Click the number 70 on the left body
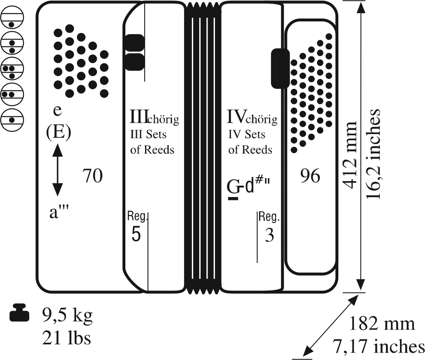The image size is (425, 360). click(92, 176)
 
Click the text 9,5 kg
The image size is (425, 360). click(67, 316)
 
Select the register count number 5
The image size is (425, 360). click(136, 235)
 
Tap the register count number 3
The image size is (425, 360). click(270, 236)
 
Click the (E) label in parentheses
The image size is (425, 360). click(58, 132)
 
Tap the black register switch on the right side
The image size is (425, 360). click(280, 68)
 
